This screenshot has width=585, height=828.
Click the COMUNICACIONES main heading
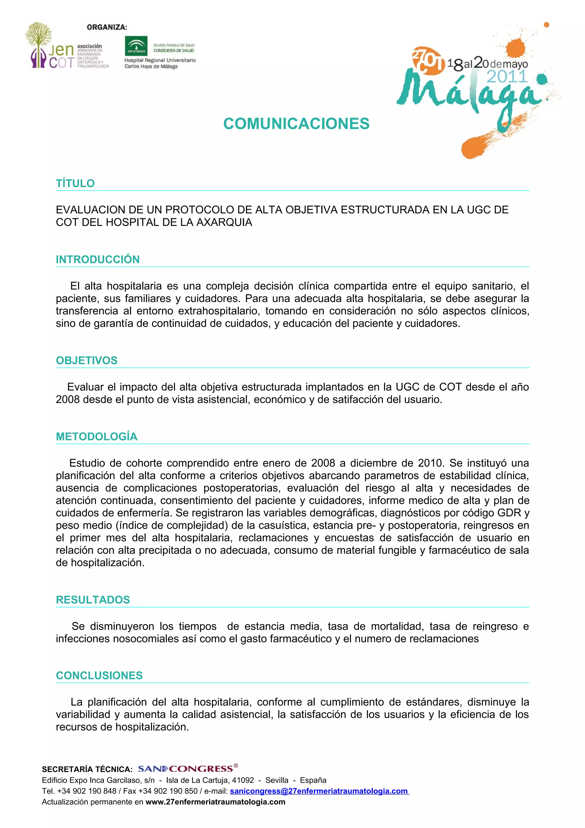click(x=296, y=124)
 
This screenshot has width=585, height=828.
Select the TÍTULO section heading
click(x=75, y=183)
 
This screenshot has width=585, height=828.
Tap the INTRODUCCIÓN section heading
click(x=97, y=259)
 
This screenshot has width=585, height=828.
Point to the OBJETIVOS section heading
click(x=87, y=360)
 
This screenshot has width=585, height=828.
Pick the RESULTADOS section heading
click(x=93, y=600)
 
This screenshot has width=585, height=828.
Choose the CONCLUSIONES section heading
click(x=99, y=675)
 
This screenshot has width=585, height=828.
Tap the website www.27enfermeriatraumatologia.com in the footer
click(x=215, y=802)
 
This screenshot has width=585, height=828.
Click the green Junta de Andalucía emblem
click(x=136, y=46)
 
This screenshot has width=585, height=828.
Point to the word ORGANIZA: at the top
click(x=107, y=27)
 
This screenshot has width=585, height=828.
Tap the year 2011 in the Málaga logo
click(x=507, y=77)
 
